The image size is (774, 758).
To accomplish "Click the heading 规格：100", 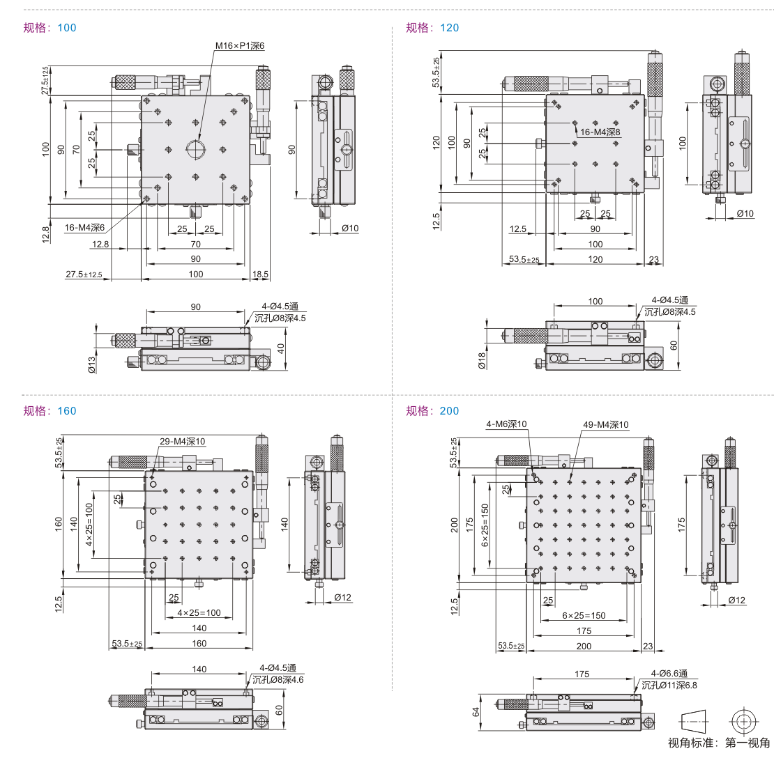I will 50,28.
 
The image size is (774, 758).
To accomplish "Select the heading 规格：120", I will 432,28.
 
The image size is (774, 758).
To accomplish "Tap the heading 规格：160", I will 50,411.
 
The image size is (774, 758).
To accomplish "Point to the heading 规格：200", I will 432,411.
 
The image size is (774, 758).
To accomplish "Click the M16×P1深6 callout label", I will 239,46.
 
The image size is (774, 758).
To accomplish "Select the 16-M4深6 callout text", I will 85,227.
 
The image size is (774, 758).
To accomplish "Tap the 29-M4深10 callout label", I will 183,442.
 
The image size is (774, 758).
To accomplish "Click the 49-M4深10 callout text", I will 606,425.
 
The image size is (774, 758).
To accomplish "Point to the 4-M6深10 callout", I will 506,424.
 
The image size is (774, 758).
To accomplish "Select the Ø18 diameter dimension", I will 480,359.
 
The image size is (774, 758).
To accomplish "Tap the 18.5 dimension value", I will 260,274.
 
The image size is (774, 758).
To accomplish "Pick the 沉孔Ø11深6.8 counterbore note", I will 669,686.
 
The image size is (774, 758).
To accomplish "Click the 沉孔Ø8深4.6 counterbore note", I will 278,679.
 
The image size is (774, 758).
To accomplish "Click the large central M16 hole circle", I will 195,148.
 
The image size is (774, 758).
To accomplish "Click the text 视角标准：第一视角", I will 719,743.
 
